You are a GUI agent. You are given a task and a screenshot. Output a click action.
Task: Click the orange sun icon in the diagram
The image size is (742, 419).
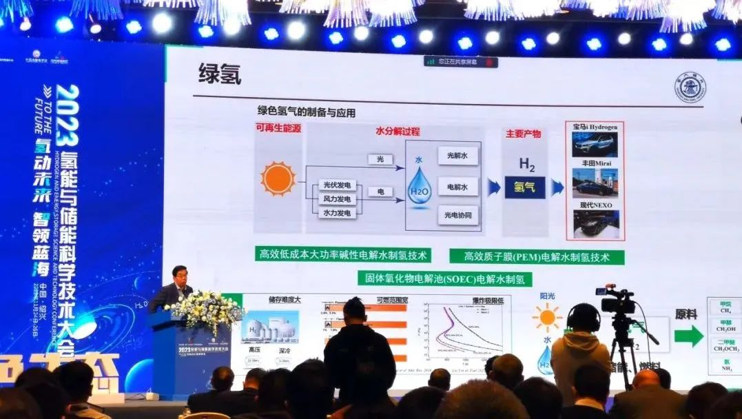pos(278,178)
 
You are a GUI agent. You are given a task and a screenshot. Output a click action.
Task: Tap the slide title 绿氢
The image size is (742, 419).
pos(219,74)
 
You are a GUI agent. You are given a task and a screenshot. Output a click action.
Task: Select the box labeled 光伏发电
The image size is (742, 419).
pos(337,185)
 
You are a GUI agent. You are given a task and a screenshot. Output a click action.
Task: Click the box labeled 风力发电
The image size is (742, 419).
pos(337,199)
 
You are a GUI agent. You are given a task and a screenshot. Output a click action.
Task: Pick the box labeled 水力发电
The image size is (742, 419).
pos(337,213)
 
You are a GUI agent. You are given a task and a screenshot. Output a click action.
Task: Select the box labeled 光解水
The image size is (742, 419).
pos(457,156)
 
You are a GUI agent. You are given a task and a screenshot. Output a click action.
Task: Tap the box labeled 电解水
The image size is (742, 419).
pos(457,186)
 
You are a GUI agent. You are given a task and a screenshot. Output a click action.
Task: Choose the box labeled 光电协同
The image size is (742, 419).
pos(457,216)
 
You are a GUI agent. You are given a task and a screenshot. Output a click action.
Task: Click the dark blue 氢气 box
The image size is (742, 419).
pos(525,187)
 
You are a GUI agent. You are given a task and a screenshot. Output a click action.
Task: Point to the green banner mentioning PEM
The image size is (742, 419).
pos(537,257)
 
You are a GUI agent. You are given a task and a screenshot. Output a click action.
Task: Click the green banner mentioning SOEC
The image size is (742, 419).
pos(444,278)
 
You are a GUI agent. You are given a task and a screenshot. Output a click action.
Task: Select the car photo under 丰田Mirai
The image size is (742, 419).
pos(595,183)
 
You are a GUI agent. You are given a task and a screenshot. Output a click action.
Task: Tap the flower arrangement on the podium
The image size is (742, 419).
pos(206,309)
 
